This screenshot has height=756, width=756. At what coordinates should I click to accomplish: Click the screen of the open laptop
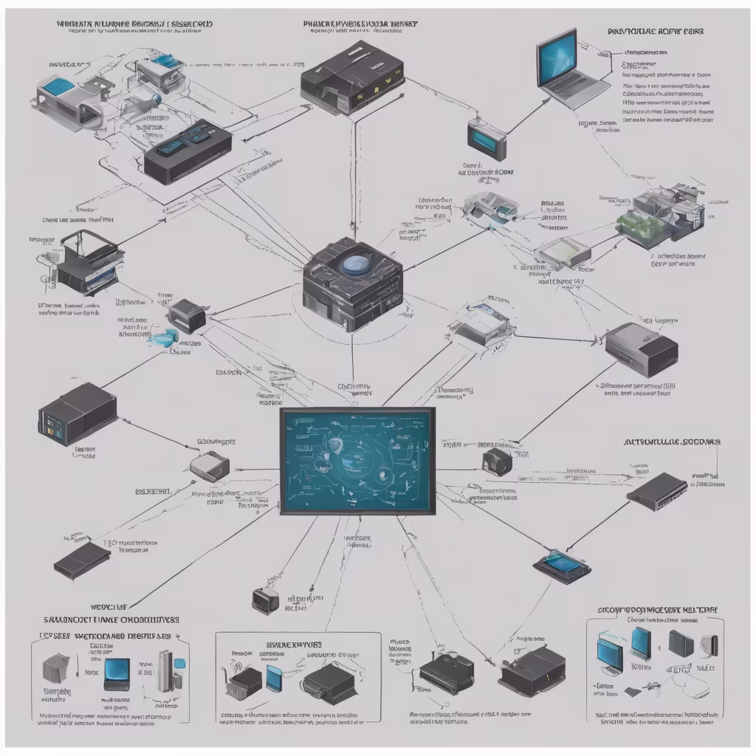click(x=567, y=58)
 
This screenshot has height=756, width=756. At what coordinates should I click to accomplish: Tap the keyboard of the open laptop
click(x=578, y=87)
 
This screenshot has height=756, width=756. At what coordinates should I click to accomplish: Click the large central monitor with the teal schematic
click(x=357, y=461)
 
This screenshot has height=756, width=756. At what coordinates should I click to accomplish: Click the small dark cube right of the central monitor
click(x=496, y=463)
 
